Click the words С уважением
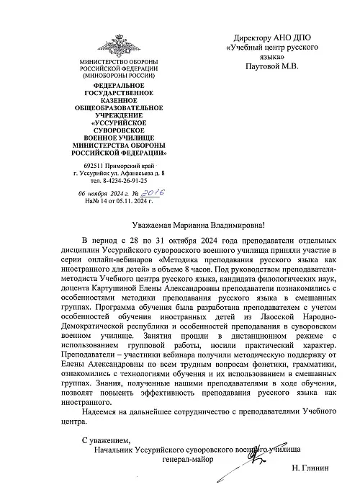pyautogui.click(x=107, y=439)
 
